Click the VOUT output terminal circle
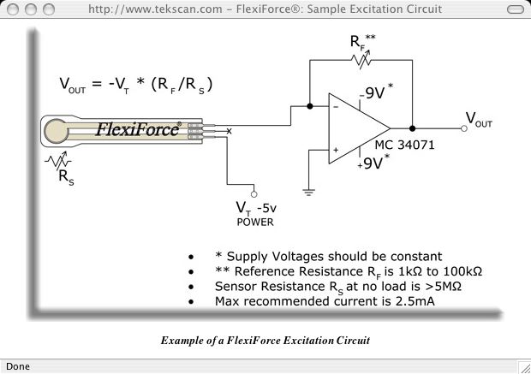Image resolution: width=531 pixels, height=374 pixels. point(463,128)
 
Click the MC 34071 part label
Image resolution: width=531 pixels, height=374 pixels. point(404,145)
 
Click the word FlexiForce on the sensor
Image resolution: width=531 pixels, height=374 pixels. point(137,129)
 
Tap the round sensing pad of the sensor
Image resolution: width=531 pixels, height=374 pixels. point(58,131)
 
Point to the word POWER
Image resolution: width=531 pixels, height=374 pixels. point(254,223)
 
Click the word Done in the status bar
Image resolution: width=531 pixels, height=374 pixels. point(18,366)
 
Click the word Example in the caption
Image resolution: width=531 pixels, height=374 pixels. point(181,341)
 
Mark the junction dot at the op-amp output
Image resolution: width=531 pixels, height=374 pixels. point(413,128)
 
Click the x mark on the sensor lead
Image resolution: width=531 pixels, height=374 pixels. point(229,130)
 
